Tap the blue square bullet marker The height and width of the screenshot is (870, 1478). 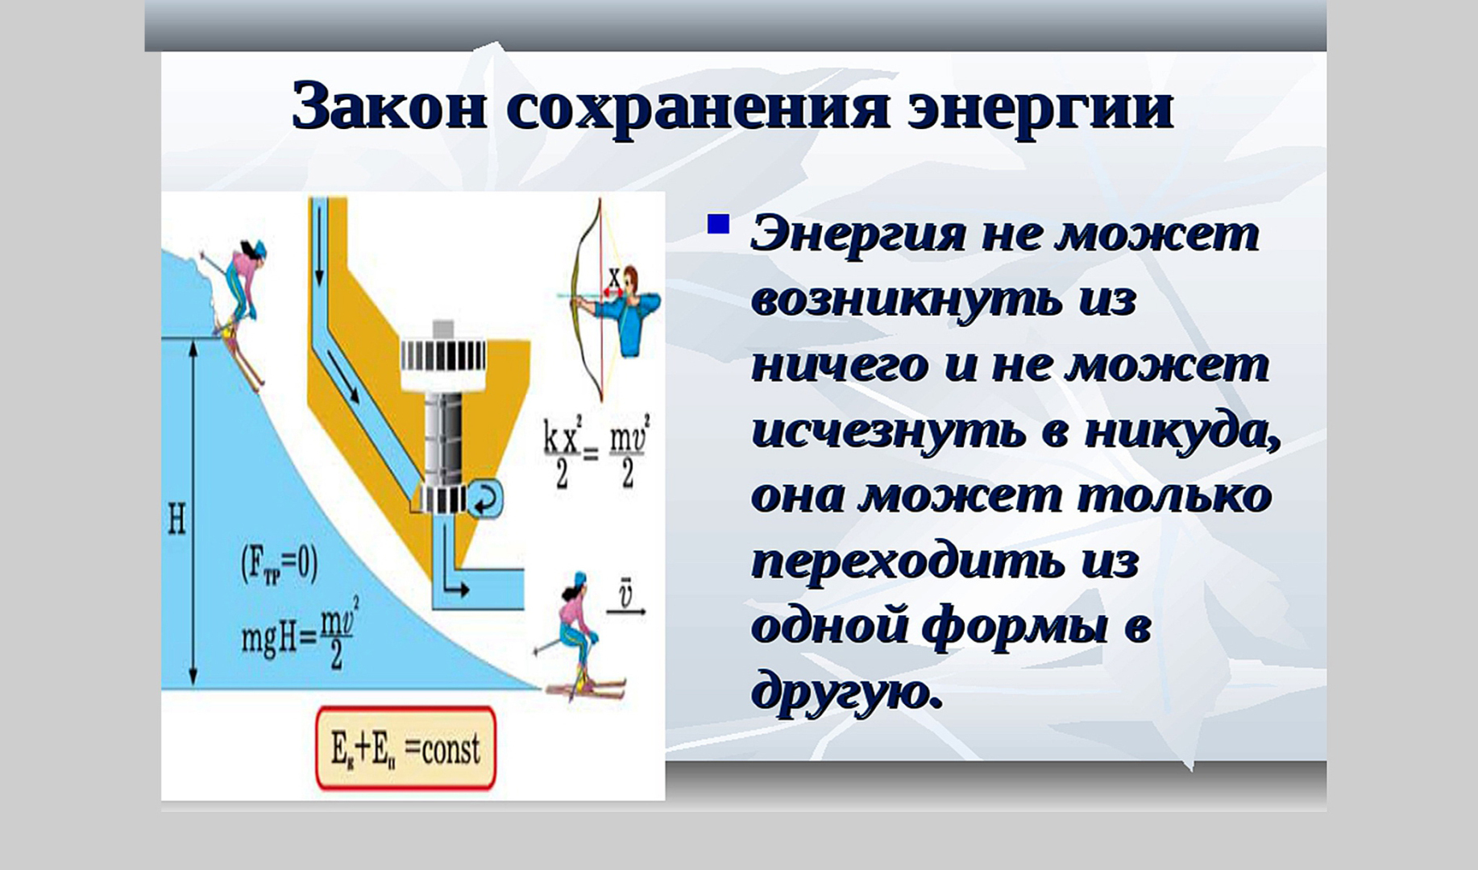click(717, 224)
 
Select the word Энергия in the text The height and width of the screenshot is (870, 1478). click(857, 235)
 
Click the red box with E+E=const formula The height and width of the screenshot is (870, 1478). click(405, 749)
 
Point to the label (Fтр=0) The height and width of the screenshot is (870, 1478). click(279, 564)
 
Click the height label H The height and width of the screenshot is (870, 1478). click(176, 520)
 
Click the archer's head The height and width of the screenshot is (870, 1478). click(630, 280)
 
